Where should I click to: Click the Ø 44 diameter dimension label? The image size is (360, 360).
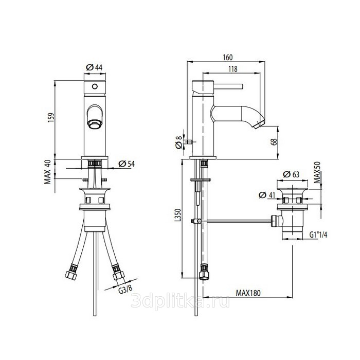coord(94,67)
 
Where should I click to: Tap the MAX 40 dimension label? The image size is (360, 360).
coord(47,172)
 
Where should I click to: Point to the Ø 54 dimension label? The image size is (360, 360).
coord(127,164)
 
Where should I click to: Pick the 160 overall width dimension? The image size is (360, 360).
coord(228,58)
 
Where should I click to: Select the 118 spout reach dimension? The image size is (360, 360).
coord(233,69)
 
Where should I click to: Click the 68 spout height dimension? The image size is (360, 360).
coord(274,141)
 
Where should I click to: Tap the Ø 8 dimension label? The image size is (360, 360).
coord(178,142)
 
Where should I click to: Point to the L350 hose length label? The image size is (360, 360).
coord(178,215)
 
